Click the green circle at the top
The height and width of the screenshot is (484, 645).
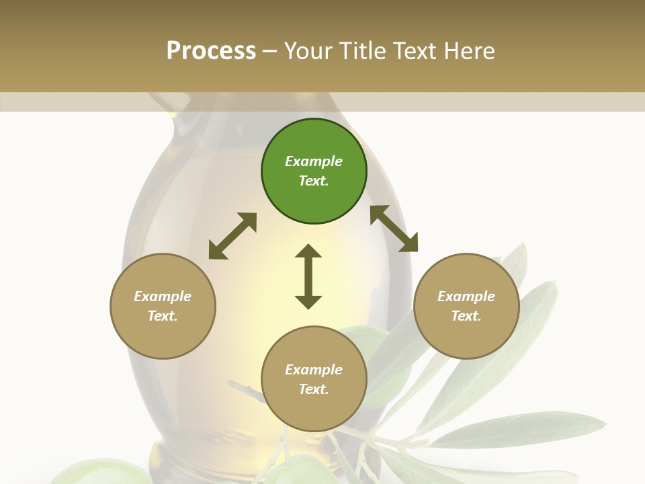314,171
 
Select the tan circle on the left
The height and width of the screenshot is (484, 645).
163,307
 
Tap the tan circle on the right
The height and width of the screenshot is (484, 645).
466,307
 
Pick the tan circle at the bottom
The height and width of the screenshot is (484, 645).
314,379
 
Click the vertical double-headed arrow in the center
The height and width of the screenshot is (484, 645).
308,276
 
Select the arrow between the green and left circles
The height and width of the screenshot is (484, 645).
232,236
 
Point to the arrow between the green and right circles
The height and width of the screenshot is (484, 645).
394,229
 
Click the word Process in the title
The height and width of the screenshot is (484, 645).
211,51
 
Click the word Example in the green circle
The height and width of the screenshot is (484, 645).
314,161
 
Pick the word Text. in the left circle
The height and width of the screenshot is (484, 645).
163,316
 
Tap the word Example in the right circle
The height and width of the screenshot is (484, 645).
466,296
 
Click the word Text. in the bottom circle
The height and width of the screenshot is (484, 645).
314,389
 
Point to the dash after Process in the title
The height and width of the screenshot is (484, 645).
270,51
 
